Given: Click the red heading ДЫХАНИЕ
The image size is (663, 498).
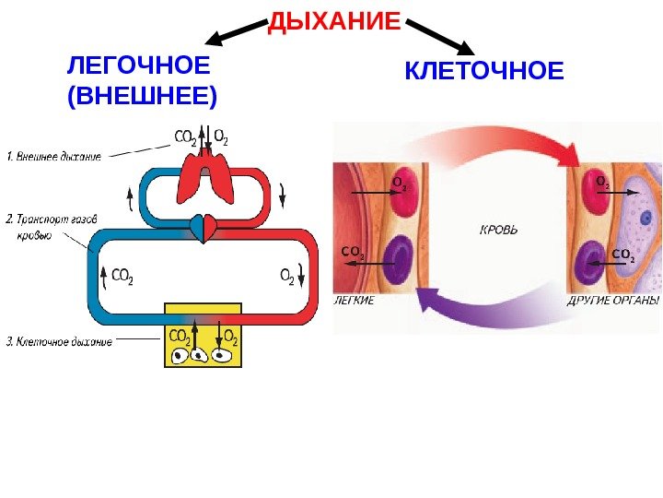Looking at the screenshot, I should [x=335, y=20].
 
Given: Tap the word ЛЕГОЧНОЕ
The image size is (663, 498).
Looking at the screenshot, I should [x=139, y=67].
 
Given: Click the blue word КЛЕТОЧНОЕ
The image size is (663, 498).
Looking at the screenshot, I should [x=484, y=71].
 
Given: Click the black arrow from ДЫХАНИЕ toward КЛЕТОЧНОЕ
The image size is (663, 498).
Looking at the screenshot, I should [x=439, y=33].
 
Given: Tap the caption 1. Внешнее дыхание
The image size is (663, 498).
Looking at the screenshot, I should [x=53, y=157].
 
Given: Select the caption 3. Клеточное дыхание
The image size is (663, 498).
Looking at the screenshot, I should [x=60, y=342].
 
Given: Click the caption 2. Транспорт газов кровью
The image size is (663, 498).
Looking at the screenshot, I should [x=52, y=227].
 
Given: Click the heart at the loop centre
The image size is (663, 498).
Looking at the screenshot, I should [x=203, y=226].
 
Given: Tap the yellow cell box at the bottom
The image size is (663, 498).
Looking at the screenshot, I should [x=203, y=334].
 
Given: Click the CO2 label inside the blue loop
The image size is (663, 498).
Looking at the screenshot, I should [x=122, y=275].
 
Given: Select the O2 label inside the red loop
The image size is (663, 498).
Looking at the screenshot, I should [x=286, y=275].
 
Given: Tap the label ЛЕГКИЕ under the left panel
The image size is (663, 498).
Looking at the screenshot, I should [x=354, y=301].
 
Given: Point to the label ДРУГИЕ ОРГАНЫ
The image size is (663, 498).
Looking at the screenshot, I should [x=613, y=301].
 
